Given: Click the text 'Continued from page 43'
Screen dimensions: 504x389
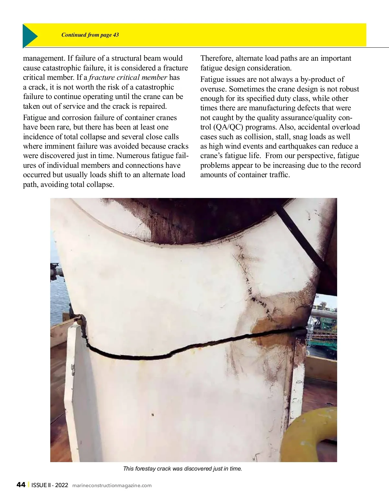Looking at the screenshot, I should (x=90, y=35).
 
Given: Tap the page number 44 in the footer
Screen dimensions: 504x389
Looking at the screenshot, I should (x=21, y=485).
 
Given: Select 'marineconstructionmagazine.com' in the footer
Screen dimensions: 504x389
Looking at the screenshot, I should (x=112, y=486).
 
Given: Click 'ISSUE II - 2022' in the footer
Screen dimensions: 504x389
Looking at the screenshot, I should (x=50, y=485).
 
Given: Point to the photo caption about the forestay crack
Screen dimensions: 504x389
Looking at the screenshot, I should (x=183, y=469).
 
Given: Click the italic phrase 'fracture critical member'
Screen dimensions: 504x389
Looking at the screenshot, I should (x=128, y=78).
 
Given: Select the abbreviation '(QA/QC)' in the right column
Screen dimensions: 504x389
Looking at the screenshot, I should (x=228, y=127).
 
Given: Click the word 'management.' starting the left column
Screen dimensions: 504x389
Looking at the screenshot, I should (x=44, y=58).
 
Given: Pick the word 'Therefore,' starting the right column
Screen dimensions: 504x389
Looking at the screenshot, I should (x=216, y=58).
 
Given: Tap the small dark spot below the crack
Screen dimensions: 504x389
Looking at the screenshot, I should (x=152, y=414).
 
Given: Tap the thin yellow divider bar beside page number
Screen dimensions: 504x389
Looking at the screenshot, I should (x=29, y=485).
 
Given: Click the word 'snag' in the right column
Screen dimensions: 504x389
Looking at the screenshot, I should (x=301, y=137).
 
